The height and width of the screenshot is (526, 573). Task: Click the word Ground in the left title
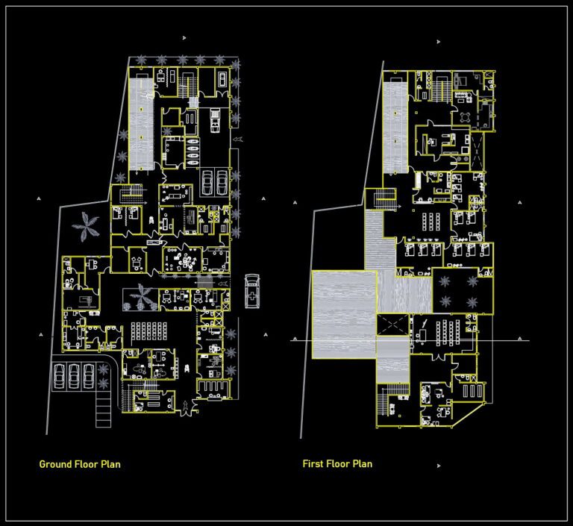(55, 464)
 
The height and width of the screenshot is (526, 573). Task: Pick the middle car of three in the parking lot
(74, 376)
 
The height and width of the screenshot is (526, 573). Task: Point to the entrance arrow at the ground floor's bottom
(184, 407)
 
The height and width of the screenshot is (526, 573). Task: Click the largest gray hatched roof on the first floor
(344, 313)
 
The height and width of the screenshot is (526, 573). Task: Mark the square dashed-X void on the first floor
(394, 325)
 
